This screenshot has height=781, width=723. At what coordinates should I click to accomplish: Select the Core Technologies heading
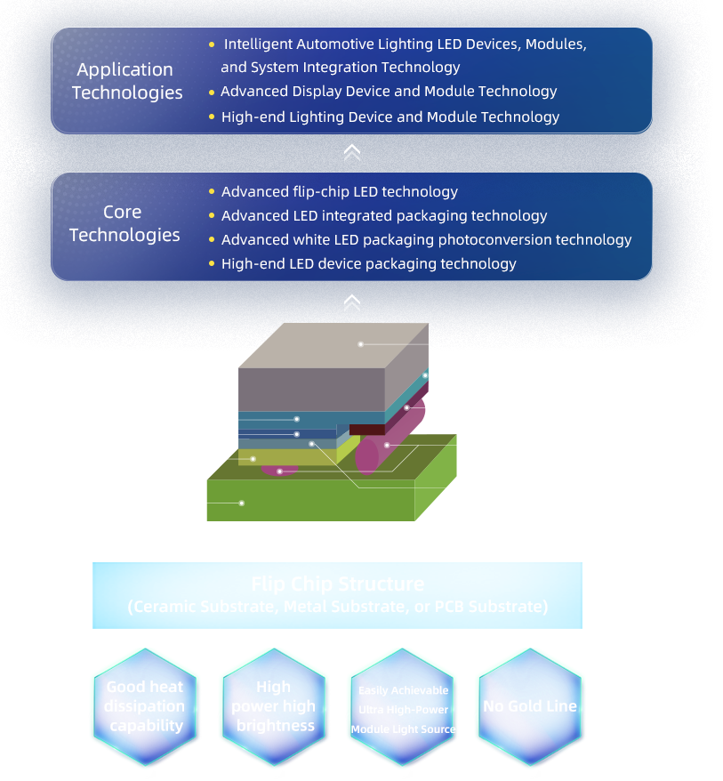tap(125, 223)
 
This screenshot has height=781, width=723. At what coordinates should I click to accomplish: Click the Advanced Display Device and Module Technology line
tap(389, 92)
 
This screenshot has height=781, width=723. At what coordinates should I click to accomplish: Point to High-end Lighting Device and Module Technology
tap(390, 117)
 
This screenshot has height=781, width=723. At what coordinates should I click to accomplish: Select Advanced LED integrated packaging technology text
tap(384, 215)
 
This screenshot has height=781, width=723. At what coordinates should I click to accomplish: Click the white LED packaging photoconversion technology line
tap(426, 239)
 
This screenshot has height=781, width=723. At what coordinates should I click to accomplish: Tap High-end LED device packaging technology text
tap(368, 263)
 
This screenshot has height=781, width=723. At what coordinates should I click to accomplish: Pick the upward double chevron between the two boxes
tap(351, 153)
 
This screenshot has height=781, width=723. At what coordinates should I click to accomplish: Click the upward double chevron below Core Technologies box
tap(351, 303)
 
